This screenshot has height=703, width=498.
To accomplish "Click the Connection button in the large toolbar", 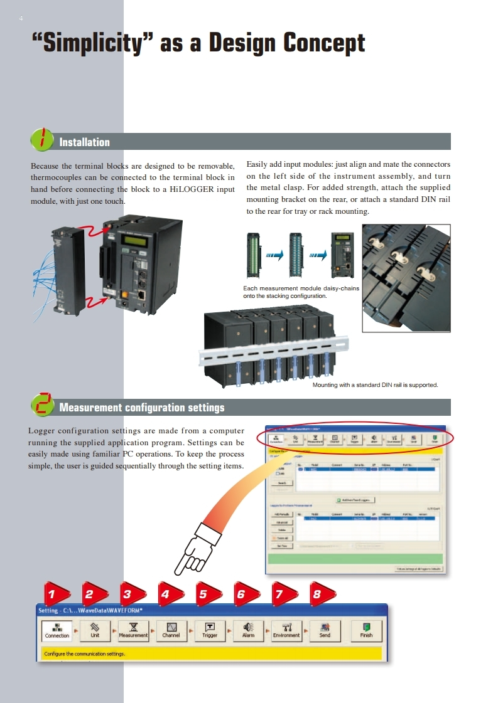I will tap(57, 630).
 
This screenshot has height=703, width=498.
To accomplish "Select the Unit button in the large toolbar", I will tap(95, 630).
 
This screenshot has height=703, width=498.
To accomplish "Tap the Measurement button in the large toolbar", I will tap(133, 630).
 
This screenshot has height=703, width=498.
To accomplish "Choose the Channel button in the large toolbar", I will tap(171, 630).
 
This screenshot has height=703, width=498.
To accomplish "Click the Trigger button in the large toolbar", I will tap(210, 630).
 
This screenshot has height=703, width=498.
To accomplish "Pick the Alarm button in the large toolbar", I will tap(248, 630).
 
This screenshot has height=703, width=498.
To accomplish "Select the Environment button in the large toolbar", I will tap(286, 630).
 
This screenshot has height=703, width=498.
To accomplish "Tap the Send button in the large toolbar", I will tap(325, 630).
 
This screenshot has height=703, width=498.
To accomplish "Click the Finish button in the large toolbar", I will tap(366, 630).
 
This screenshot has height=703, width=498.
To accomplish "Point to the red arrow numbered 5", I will tap(203, 594).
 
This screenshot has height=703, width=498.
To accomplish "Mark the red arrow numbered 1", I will tap(52, 594).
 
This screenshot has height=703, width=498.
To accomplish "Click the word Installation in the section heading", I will tap(84, 142).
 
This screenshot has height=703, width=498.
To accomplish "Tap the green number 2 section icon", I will tap(42, 405).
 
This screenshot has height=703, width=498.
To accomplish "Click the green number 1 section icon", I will tap(42, 139).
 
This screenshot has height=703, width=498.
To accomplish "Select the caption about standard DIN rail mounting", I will tap(375, 385).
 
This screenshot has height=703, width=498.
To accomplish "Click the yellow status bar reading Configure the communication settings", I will tap(211, 653).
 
